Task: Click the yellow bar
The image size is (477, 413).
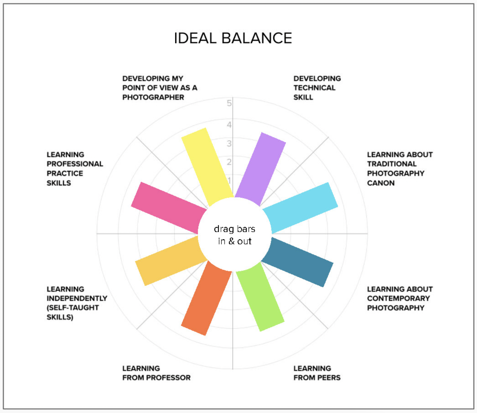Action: (x=208, y=167)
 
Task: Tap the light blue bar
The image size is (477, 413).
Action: (x=300, y=207)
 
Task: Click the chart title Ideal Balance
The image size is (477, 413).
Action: (x=233, y=38)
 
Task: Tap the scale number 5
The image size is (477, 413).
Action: (x=229, y=103)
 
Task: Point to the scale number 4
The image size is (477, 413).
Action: (x=229, y=125)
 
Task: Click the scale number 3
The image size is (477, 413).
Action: (x=229, y=143)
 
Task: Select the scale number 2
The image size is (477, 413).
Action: (x=229, y=162)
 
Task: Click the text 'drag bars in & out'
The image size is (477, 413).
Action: (x=235, y=235)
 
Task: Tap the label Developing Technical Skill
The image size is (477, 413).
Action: (x=317, y=88)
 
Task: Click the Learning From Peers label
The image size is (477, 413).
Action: (x=317, y=373)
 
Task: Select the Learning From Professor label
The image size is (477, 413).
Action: (x=156, y=373)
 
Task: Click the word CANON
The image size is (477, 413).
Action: (x=381, y=183)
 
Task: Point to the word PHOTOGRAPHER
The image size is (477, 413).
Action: (x=153, y=97)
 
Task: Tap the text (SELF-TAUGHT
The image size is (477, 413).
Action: (x=73, y=308)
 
